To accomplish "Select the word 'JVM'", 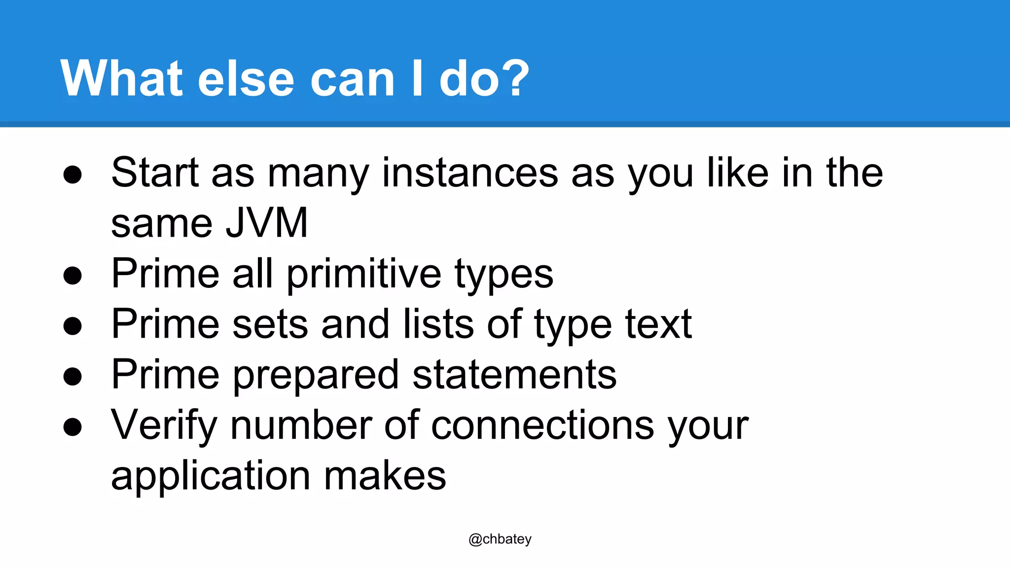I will [266, 223].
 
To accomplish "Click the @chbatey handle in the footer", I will [500, 539].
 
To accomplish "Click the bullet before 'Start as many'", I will [72, 175].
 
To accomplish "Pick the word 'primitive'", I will [364, 274].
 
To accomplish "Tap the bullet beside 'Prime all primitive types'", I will [72, 275].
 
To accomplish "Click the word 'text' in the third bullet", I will [658, 324].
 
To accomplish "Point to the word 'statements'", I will [514, 375].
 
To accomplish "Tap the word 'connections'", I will [542, 425].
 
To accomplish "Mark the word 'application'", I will [211, 476].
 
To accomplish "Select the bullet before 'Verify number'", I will [72, 427].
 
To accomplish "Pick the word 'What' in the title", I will [121, 79].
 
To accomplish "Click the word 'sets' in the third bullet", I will [270, 324].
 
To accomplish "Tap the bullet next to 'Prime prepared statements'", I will [72, 377].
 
